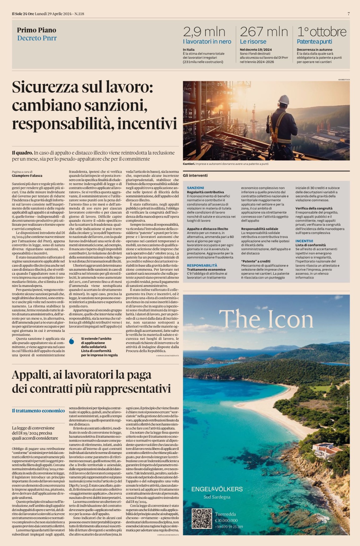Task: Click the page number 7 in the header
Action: [x=348, y=14]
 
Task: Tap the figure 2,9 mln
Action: [x=204, y=32]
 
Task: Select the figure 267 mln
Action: [x=264, y=32]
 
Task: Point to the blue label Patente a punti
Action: [x=314, y=42]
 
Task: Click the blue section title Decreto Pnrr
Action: [x=37, y=38]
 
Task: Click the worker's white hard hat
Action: [x=284, y=99]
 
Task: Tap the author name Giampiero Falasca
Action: [x=27, y=176]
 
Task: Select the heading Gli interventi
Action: [x=195, y=175]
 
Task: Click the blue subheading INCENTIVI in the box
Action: [x=304, y=241]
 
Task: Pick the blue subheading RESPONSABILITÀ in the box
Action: [x=202, y=265]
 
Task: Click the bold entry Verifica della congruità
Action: [x=314, y=208]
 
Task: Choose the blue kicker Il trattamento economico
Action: [x=38, y=411]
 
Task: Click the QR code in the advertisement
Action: [x=202, y=519]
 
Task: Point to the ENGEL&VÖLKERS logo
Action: [x=217, y=489]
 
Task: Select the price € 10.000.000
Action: [x=226, y=520]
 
